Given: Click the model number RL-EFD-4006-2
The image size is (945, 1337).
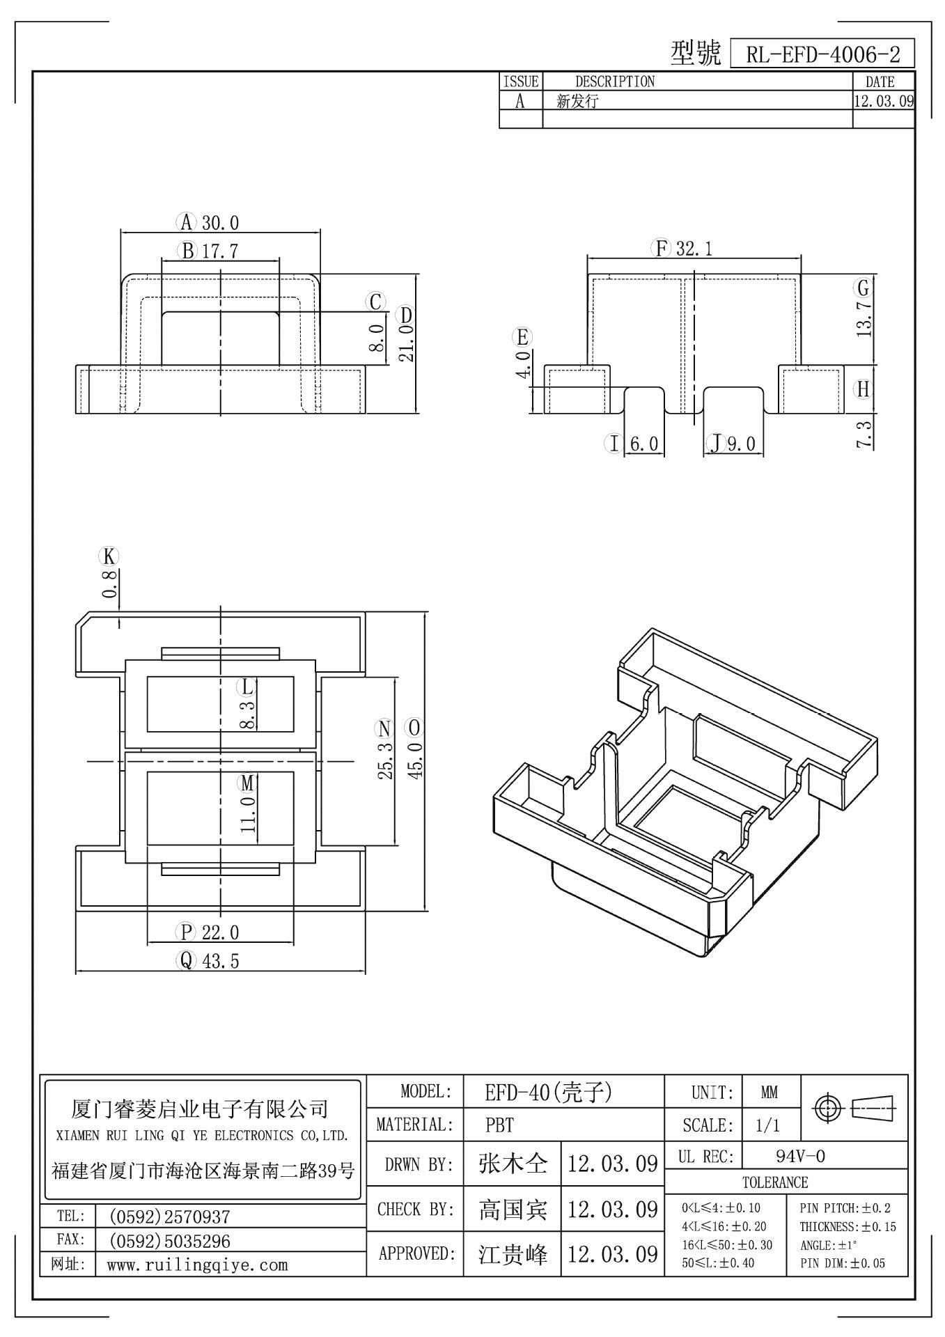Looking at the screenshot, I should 822,54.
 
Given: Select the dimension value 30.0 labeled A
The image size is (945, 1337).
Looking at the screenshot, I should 220,223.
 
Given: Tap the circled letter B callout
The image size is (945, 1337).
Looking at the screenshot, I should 187,251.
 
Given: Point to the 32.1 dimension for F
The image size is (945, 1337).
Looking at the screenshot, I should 694,249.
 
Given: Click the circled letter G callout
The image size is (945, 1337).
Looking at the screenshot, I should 864,288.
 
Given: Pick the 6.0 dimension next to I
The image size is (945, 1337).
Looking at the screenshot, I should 643,444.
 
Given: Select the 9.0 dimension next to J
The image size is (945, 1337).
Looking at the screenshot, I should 741,444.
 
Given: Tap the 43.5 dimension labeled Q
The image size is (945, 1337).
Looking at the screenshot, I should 220,962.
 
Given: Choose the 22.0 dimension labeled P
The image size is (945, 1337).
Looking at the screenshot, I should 220,932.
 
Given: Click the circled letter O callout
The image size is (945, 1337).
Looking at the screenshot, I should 415,728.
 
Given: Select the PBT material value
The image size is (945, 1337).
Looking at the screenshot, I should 499,1125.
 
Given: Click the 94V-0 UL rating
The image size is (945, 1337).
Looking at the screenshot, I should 800,1157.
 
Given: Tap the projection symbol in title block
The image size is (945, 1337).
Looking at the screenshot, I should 855,1107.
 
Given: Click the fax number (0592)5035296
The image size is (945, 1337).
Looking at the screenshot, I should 170,1241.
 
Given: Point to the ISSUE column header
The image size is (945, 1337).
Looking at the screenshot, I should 521,81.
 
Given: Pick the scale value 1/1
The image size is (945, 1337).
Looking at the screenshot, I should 767,1125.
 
